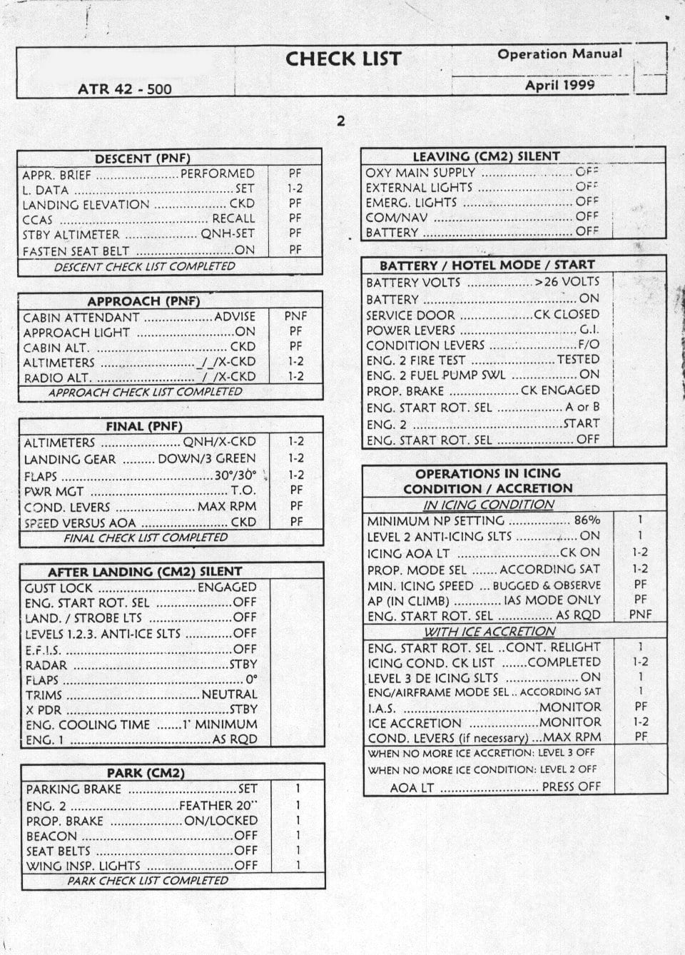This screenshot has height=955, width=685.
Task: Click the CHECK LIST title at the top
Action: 343,59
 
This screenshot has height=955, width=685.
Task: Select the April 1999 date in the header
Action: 559,85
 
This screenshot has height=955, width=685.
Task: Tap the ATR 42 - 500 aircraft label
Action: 125,89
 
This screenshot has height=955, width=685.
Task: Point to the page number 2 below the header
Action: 340,121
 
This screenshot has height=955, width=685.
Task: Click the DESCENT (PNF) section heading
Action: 143,158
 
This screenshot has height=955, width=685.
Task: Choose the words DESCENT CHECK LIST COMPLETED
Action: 144,266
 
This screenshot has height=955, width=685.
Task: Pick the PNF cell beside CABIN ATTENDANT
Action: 295,315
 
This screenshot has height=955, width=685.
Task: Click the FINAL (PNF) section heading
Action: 144,426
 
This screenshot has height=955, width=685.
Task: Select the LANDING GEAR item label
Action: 69,459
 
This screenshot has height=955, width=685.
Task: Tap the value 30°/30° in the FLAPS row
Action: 235,475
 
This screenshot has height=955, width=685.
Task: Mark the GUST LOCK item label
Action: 59,587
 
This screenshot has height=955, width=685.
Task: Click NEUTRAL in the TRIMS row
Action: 229,694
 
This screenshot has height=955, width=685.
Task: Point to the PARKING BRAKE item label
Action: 73,789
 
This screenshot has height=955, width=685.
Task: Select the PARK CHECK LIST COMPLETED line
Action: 148,881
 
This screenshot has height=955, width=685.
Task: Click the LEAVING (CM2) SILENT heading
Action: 486,156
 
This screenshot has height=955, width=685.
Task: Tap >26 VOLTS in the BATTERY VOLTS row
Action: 567,282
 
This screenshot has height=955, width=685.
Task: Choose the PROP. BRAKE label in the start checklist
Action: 405,391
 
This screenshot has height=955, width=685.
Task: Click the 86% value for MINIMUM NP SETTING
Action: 587,520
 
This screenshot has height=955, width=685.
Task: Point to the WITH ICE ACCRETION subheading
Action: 489,632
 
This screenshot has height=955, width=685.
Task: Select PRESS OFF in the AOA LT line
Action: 571,787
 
